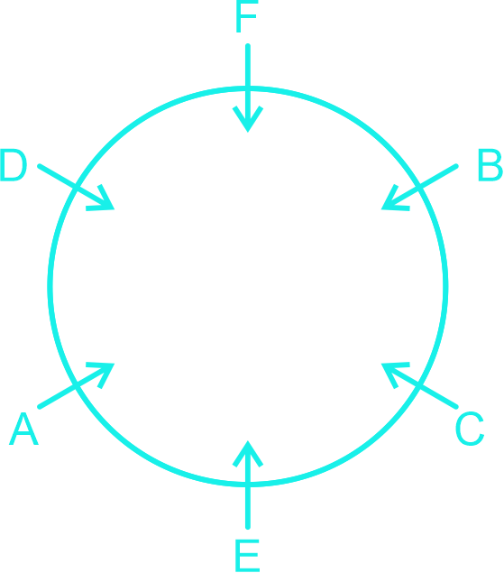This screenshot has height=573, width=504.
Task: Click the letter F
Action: [x=247, y=16]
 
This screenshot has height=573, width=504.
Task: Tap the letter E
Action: [x=248, y=555]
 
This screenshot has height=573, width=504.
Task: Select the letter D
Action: [x=14, y=164]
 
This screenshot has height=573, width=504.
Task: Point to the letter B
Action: [x=490, y=164]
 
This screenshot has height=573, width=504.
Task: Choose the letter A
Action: [x=23, y=429]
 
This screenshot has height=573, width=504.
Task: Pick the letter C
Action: [x=470, y=429]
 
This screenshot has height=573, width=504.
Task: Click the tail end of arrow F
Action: [x=248, y=46]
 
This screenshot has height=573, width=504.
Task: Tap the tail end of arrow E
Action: [x=248, y=527]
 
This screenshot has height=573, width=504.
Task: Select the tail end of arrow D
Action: [x=40, y=166]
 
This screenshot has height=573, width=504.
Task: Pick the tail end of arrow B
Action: [x=456, y=166]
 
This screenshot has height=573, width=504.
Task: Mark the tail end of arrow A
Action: [x=40, y=407]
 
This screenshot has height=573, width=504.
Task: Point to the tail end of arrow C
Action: [x=456, y=407]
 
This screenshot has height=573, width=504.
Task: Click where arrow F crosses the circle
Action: [x=248, y=88]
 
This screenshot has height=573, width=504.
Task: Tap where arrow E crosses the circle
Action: [x=248, y=485]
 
